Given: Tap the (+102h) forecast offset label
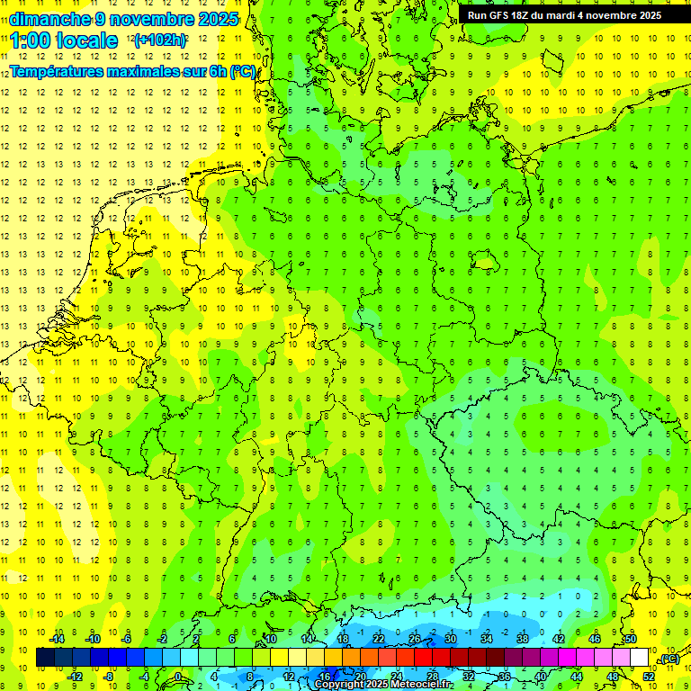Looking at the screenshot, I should pyautogui.click(x=159, y=40).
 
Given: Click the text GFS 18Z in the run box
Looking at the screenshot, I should pyautogui.click(x=508, y=14).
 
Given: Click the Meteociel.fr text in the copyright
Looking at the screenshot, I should pyautogui.click(x=423, y=685).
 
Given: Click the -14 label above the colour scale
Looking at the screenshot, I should pyautogui.click(x=57, y=639).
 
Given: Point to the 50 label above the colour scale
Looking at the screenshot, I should pyautogui.click(x=631, y=639).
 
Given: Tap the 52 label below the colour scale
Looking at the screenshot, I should pyautogui.click(x=649, y=676).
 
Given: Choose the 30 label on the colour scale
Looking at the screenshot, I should pyautogui.click(x=451, y=639).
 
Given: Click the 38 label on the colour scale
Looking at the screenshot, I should pyautogui.click(x=523, y=639).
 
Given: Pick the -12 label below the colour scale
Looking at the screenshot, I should pyautogui.click(x=75, y=676).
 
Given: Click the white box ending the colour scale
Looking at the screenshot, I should pyautogui.click(x=640, y=658).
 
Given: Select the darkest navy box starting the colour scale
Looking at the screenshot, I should pyautogui.click(x=45, y=658).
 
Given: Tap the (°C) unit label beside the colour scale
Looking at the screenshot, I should pyautogui.click(x=669, y=659).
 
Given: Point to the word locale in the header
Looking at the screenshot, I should pyautogui.click(x=87, y=40).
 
